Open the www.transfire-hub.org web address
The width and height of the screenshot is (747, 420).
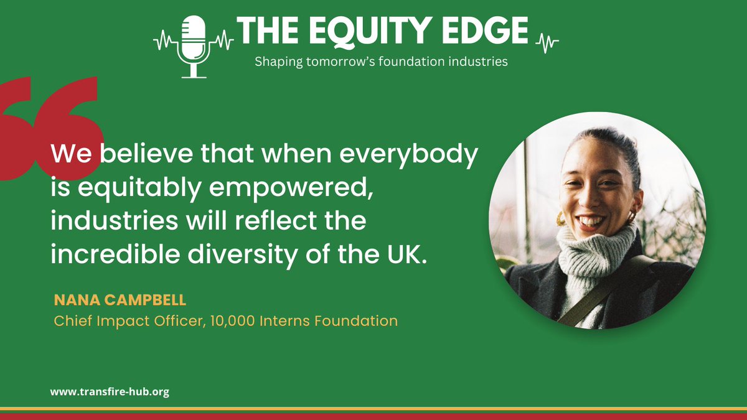tap(110, 393)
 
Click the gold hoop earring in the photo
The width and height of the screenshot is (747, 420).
tap(560, 218)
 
